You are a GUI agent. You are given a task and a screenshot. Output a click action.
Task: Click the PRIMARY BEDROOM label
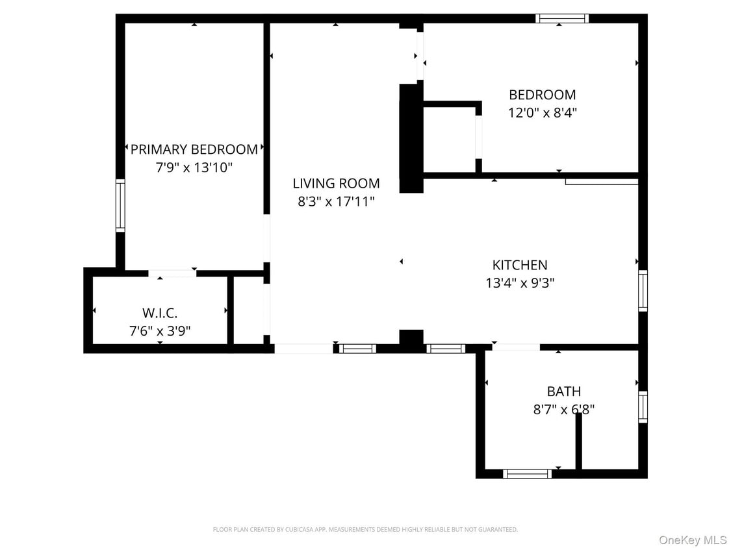(x=194, y=149)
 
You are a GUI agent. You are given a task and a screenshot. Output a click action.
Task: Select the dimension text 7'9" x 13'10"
(x=194, y=168)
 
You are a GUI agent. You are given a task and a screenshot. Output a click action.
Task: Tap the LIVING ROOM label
(x=336, y=184)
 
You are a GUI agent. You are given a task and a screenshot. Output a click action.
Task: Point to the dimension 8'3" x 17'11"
(x=336, y=202)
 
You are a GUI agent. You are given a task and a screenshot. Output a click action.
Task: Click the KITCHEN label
(x=520, y=265)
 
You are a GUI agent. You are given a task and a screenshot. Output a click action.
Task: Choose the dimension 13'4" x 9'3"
(x=520, y=283)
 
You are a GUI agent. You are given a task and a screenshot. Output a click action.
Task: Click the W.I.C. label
(x=160, y=313)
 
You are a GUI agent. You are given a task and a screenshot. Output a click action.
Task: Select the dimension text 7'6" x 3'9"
(x=160, y=331)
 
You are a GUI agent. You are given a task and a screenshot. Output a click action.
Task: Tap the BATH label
(x=563, y=392)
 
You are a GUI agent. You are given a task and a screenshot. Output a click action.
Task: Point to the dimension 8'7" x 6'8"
(x=563, y=410)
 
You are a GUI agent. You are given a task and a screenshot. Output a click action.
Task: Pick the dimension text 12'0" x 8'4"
(x=542, y=112)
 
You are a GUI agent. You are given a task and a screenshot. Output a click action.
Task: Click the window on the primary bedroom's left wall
(x=120, y=206)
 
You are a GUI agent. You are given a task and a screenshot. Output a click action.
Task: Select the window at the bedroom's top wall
(x=562, y=18)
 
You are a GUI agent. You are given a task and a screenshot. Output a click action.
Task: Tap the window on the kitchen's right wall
(x=643, y=291)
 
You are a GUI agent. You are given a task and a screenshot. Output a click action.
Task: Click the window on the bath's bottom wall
(x=527, y=474)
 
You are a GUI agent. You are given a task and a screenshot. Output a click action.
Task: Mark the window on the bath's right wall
(x=643, y=407)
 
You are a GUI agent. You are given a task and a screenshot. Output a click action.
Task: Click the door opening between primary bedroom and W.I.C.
(x=172, y=273)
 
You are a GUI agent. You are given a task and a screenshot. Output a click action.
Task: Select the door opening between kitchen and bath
(x=516, y=347)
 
